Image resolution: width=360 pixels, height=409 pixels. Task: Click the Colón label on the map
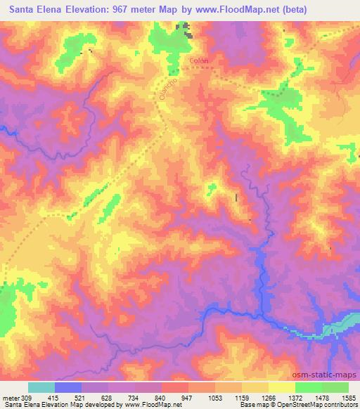click(199, 62)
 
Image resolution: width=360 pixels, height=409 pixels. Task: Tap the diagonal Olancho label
click(166, 89)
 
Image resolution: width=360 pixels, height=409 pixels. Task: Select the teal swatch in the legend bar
click(41, 387)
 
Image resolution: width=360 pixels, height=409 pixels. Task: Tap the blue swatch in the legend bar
click(68, 387)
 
